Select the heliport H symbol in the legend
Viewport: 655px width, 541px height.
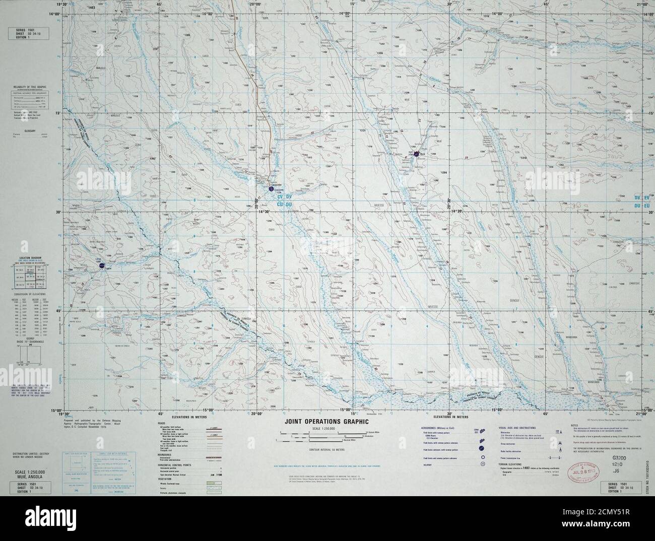coord(483,463)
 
